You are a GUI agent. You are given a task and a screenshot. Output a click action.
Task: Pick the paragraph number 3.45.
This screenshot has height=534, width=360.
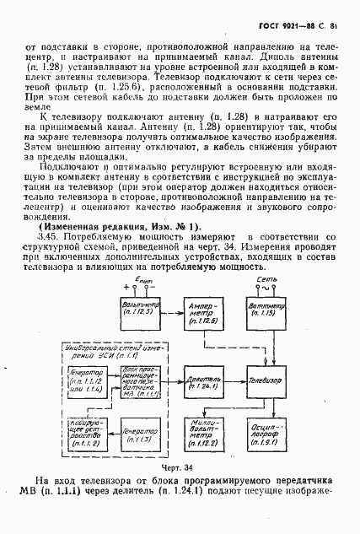pyautogui.click(x=50, y=239)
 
